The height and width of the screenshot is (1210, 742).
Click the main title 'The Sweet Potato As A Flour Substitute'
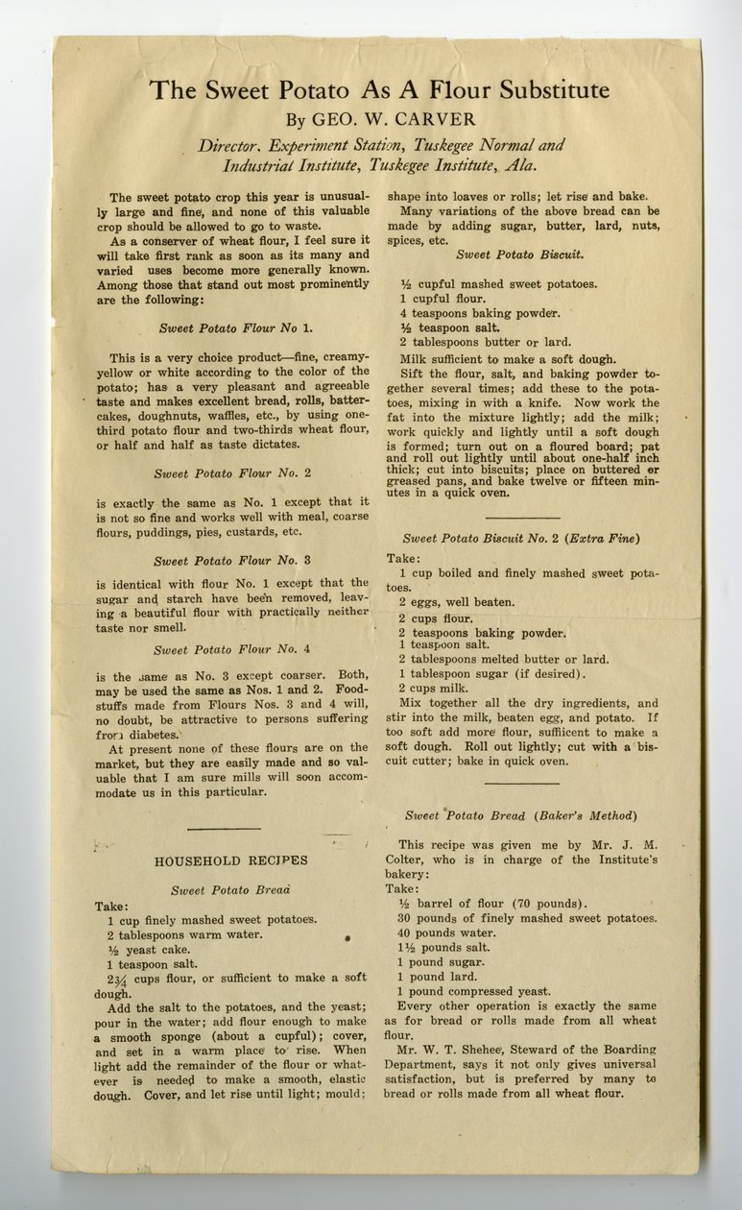[379, 92]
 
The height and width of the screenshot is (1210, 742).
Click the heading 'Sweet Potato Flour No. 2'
[232, 472]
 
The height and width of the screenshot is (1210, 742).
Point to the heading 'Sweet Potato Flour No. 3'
[232, 560]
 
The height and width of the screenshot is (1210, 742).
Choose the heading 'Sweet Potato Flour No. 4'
[232, 650]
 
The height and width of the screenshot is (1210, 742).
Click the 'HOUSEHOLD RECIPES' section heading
[231, 860]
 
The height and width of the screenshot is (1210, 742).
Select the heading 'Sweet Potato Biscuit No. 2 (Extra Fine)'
[521, 538]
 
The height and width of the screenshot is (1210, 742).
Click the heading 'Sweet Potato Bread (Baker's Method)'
[520, 815]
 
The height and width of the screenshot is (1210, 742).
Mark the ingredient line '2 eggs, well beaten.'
[457, 602]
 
